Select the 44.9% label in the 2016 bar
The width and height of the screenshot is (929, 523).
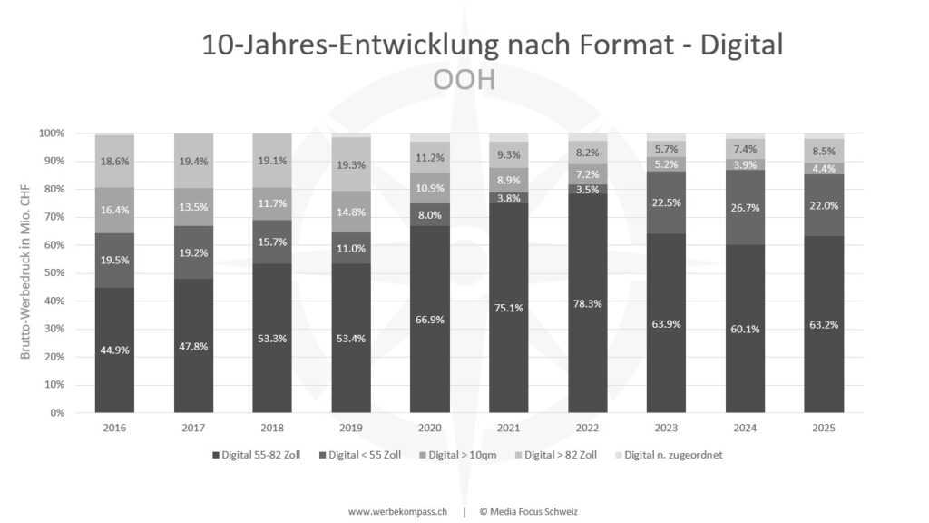click(115, 350)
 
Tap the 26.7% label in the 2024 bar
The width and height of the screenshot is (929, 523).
click(745, 208)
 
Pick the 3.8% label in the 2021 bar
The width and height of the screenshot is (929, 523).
click(509, 199)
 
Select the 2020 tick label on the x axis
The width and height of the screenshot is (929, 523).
click(430, 427)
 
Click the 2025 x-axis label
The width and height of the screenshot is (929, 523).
click(824, 427)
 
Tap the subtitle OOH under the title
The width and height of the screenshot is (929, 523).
click(464, 79)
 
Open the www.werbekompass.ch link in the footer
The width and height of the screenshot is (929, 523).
click(397, 511)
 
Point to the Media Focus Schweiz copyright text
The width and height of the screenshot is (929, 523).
click(531, 511)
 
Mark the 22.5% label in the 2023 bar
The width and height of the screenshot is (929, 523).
click(667, 202)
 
